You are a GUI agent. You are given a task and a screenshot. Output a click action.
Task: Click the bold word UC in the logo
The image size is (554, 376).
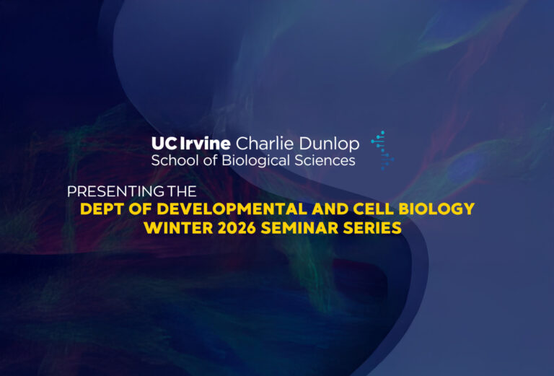[x=164, y=144]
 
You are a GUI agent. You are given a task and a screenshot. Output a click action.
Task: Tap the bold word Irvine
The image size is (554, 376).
[x=206, y=143]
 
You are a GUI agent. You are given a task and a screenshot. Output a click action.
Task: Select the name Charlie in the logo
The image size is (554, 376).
[x=265, y=143]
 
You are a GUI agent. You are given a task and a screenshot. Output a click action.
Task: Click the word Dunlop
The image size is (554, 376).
[x=329, y=144]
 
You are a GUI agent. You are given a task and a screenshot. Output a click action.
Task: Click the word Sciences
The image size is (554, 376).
[x=325, y=160]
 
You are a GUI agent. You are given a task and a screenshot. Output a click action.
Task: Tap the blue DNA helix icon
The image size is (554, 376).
[x=382, y=150]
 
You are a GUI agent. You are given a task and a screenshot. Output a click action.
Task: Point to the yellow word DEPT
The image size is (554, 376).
[x=102, y=209]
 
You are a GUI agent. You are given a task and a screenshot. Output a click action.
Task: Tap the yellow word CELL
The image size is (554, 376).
[x=374, y=209]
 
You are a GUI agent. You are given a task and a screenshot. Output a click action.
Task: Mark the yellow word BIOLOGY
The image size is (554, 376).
[x=436, y=209]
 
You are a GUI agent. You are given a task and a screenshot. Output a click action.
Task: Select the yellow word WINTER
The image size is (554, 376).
[x=178, y=227]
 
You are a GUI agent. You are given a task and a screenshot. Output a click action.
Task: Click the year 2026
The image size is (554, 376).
[x=237, y=227]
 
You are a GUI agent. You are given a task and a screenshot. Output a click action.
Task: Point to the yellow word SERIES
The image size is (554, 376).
[x=372, y=227]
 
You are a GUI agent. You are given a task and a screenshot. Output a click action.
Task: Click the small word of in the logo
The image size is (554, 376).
[x=210, y=160]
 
